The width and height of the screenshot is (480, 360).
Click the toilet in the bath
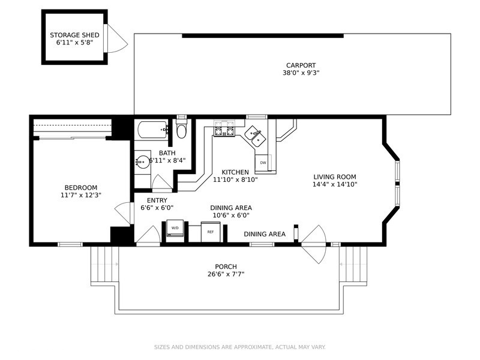pos(182,128)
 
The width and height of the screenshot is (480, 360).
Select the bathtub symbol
pos(153,130)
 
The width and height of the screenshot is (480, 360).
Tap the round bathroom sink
pos(143,161)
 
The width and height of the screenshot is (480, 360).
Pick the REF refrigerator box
pos(211,232)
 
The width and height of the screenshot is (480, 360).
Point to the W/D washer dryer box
pos(175,228)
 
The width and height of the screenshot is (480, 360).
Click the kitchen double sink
pos(256,136)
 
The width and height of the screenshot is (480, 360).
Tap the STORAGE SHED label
pos(74,35)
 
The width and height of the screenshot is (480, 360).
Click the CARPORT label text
pos(301,65)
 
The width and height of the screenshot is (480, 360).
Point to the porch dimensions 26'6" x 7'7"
pos(226,274)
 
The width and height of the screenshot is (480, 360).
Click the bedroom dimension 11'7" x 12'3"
pos(81,195)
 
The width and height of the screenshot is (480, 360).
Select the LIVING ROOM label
pos(335,176)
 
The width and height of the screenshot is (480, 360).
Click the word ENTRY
pos(157,200)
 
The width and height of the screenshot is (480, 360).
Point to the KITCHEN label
pos(235,172)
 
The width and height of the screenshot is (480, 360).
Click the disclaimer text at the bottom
pos(239,347)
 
